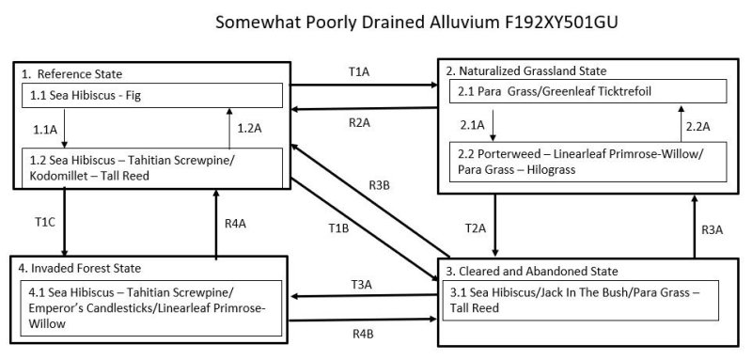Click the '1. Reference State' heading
tap(71, 73)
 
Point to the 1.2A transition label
tap(248, 128)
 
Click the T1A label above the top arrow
tap(361, 71)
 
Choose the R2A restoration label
tap(360, 122)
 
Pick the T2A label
tap(478, 227)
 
